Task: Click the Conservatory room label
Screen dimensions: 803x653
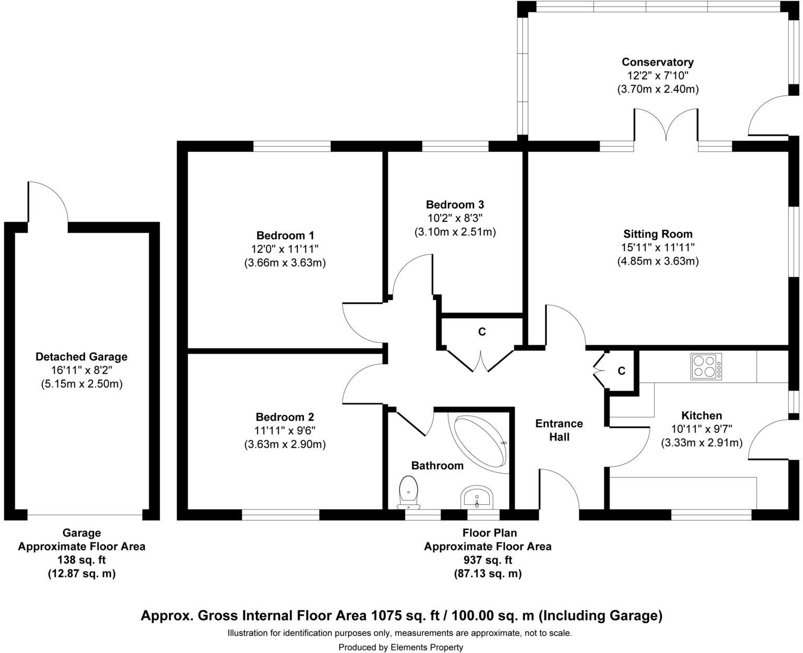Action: [658, 62]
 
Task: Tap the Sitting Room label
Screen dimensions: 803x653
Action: [658, 234]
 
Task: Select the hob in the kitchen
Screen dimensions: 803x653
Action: [706, 366]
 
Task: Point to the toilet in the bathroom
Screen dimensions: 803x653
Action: [408, 492]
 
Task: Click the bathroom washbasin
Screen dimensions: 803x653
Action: [477, 497]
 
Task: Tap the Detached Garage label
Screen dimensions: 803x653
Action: [82, 356]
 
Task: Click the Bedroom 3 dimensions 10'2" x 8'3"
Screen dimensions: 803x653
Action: [455, 218]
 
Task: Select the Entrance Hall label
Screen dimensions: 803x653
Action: [559, 430]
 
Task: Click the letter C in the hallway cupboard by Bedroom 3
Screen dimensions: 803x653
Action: [482, 332]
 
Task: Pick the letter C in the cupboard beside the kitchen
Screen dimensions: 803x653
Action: [622, 371]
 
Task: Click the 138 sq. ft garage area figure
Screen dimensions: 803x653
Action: [82, 560]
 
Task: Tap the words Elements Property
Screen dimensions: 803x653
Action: [427, 647]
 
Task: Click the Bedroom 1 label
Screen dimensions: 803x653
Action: [285, 235]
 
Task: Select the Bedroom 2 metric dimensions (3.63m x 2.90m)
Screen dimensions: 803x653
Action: [285, 444]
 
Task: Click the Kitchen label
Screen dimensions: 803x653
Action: [702, 415]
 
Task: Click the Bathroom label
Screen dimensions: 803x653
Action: [438, 466]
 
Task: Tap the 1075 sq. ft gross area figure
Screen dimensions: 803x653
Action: [406, 615]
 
